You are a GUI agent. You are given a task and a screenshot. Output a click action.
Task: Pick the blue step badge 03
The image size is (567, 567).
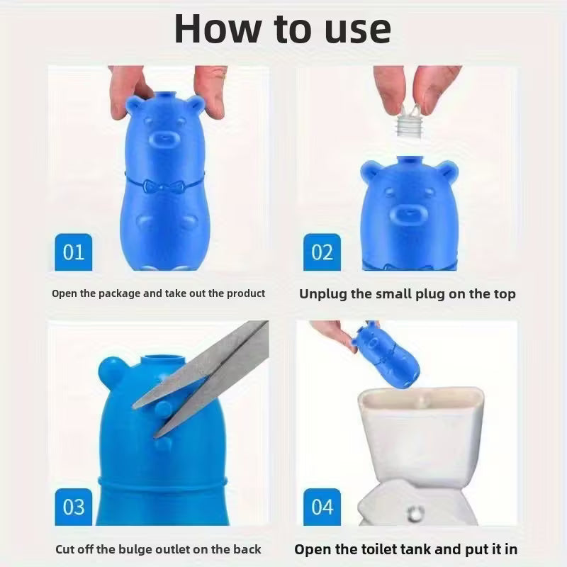(73, 507)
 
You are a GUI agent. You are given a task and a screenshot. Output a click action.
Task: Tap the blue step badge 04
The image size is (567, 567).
(322, 507)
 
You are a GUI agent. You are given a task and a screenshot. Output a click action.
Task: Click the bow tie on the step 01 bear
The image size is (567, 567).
(162, 187)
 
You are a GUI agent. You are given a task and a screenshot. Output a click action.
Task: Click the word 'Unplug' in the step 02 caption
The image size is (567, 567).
(323, 293)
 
